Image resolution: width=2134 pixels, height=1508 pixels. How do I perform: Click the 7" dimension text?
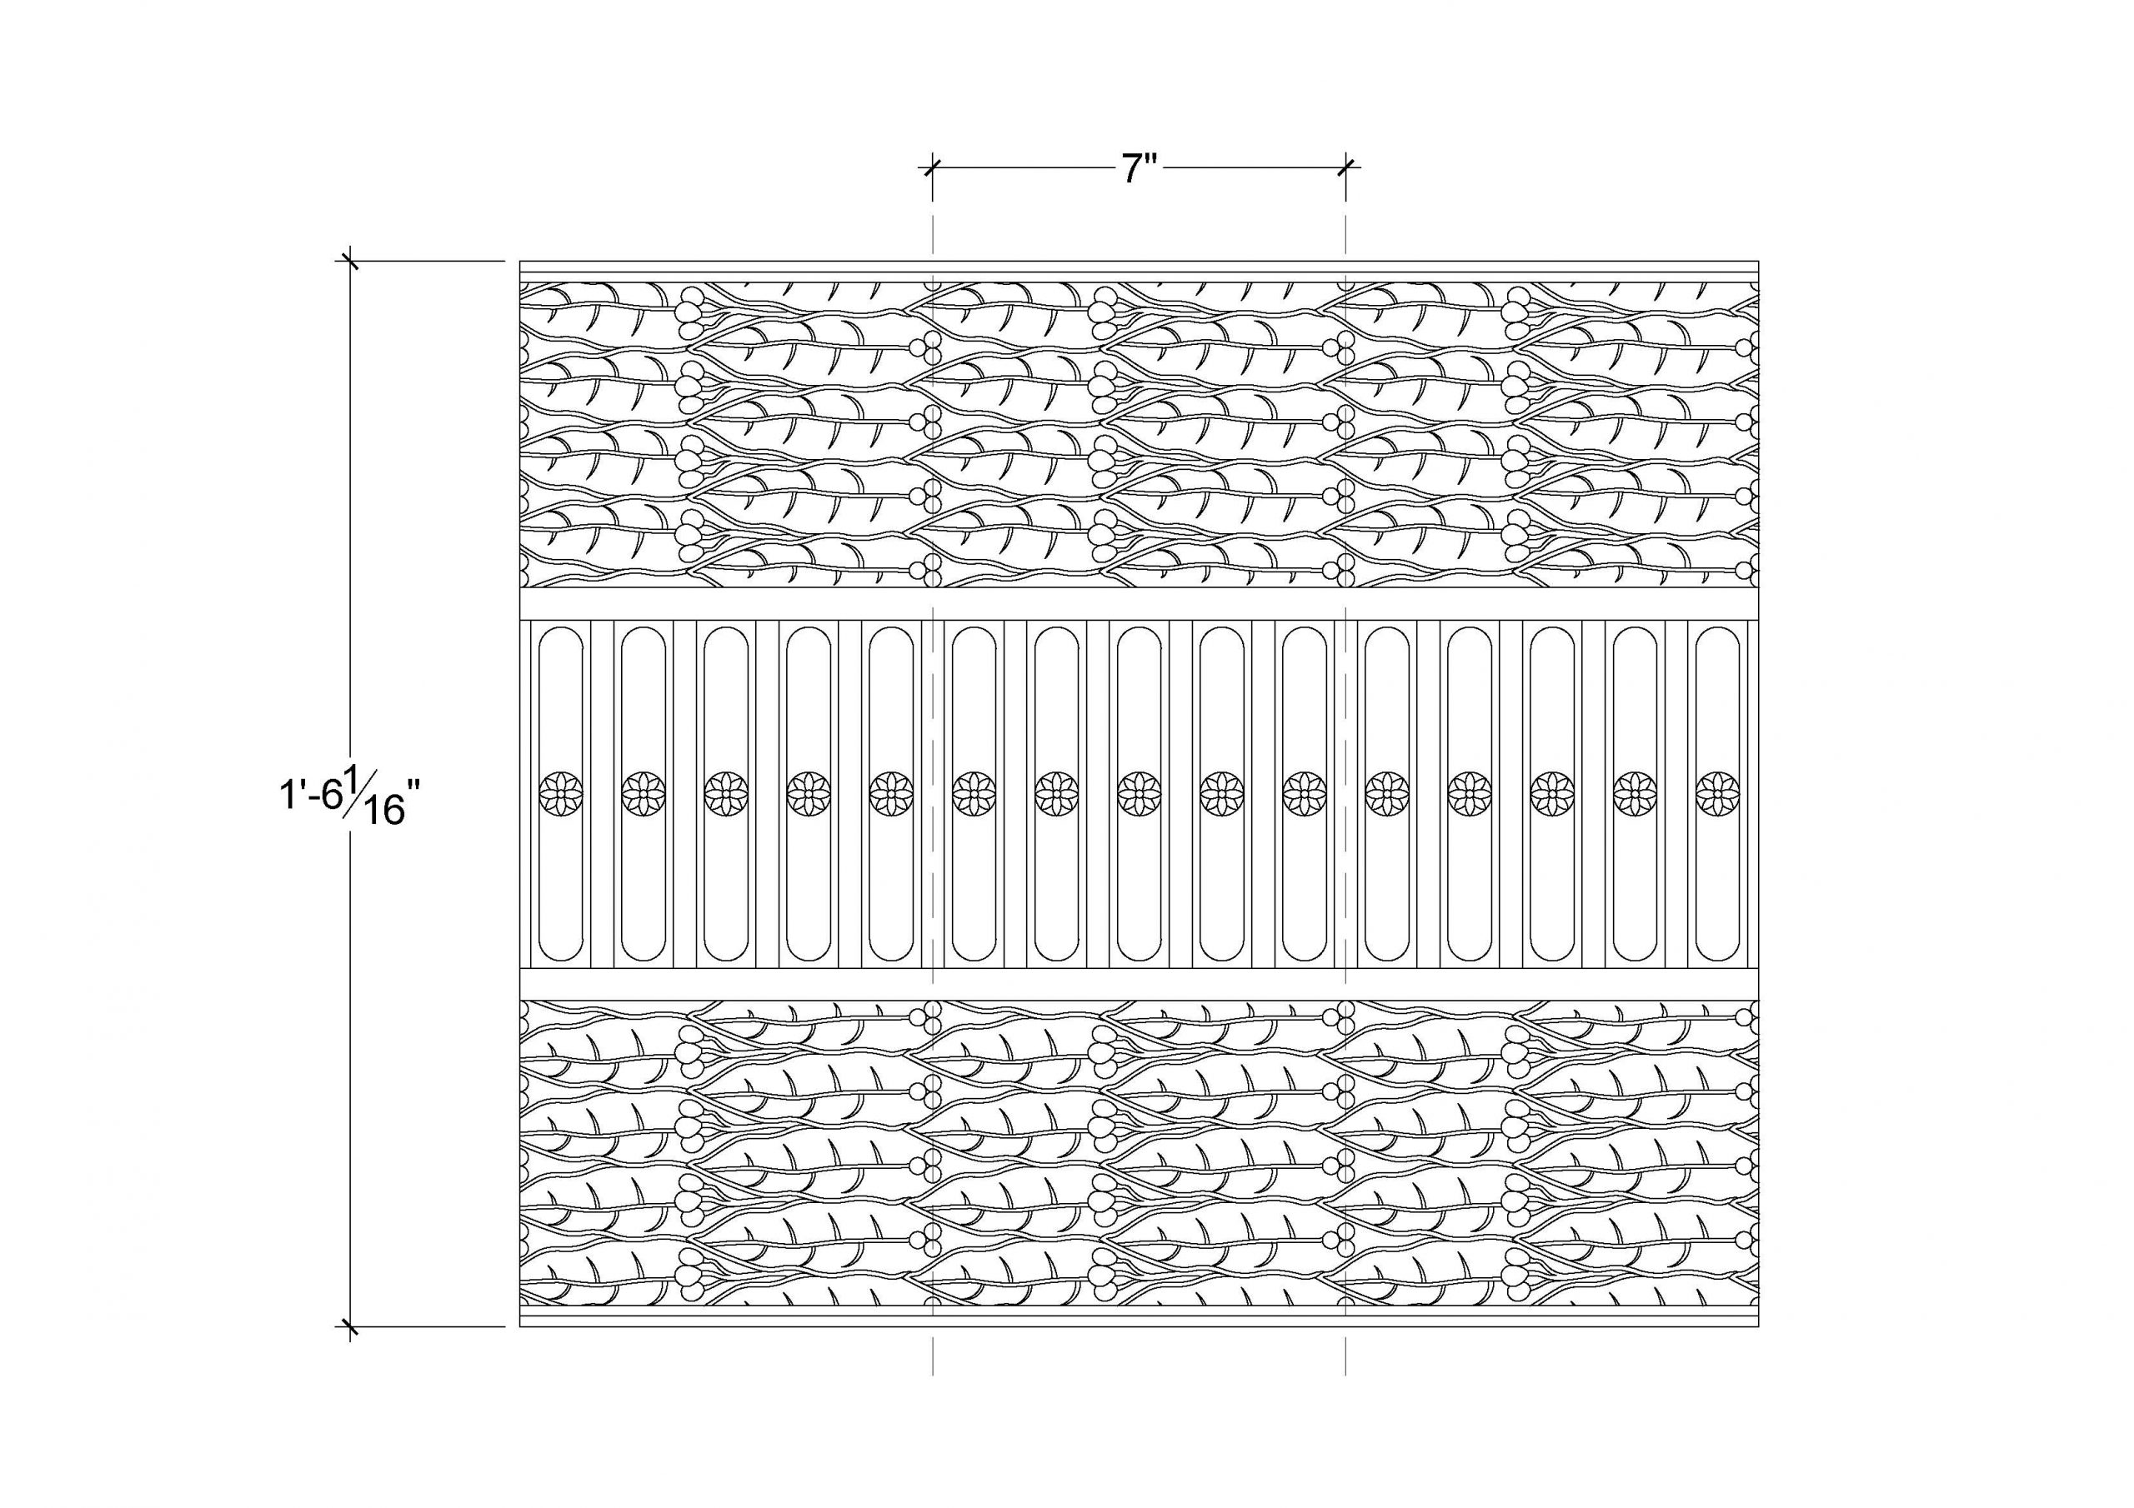[1139, 168]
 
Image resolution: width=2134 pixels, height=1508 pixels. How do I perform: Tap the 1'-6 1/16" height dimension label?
[344, 796]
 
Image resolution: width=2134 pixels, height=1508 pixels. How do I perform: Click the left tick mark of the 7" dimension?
[932, 168]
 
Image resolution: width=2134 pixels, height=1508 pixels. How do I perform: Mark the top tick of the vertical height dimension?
[349, 261]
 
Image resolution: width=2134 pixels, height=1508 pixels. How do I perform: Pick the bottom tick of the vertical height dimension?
[349, 1327]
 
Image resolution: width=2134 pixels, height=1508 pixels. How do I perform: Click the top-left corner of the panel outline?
[519, 261]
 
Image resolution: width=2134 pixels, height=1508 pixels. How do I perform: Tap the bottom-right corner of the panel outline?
[1760, 1327]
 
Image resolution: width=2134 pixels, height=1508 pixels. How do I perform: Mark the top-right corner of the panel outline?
[1760, 261]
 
